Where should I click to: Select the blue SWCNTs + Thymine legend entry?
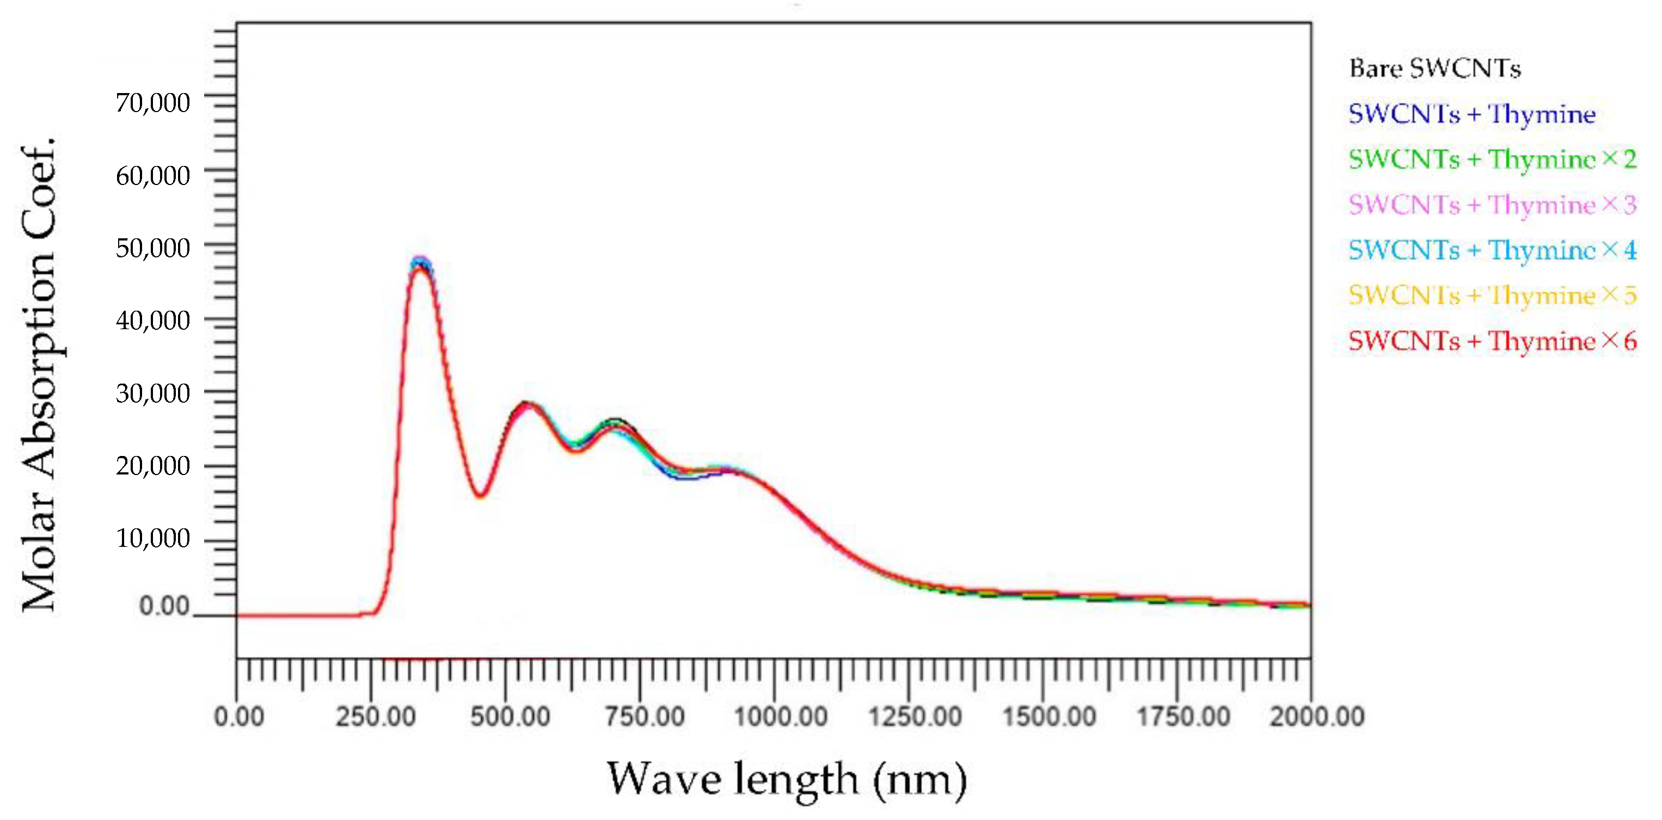[1471, 114]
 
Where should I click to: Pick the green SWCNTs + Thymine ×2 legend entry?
[1492, 159]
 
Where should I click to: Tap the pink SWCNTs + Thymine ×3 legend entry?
[1492, 205]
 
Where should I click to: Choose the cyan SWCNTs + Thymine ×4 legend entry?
[1492, 250]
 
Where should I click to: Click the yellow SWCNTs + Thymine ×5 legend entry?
[1492, 295]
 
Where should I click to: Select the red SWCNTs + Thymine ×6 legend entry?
[1492, 341]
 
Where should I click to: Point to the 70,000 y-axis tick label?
[153, 102]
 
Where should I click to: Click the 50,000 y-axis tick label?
[153, 248]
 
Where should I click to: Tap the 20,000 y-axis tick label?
[153, 465]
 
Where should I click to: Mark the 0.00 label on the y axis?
[164, 606]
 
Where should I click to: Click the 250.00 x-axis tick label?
[376, 717]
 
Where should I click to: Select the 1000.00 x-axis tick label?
[781, 717]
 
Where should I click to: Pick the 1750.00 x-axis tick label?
[1183, 717]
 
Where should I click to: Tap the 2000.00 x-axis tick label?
[1317, 717]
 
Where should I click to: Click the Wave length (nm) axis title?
[787, 779]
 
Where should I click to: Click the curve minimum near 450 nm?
[480, 495]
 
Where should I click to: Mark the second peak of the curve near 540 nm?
[526, 405]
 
